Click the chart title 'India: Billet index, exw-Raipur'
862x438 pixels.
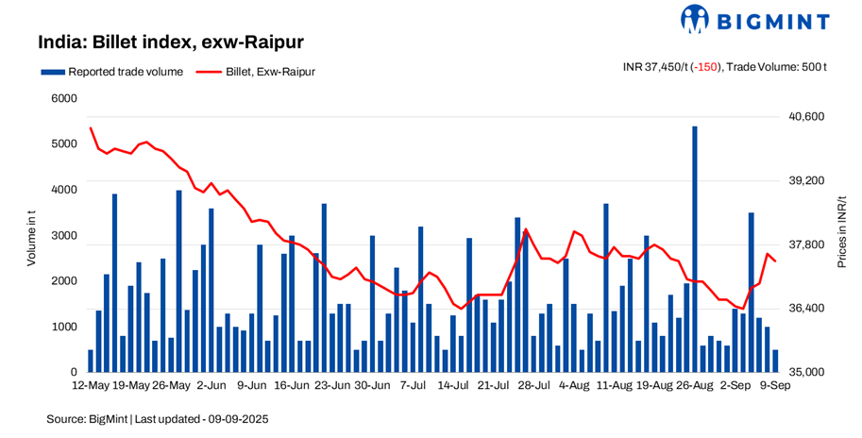tap(170, 43)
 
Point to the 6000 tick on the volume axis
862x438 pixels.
tap(64, 98)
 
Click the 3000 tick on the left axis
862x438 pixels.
tap(64, 236)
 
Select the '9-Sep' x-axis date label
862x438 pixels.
tap(777, 386)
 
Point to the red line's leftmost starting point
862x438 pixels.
tap(91, 127)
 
